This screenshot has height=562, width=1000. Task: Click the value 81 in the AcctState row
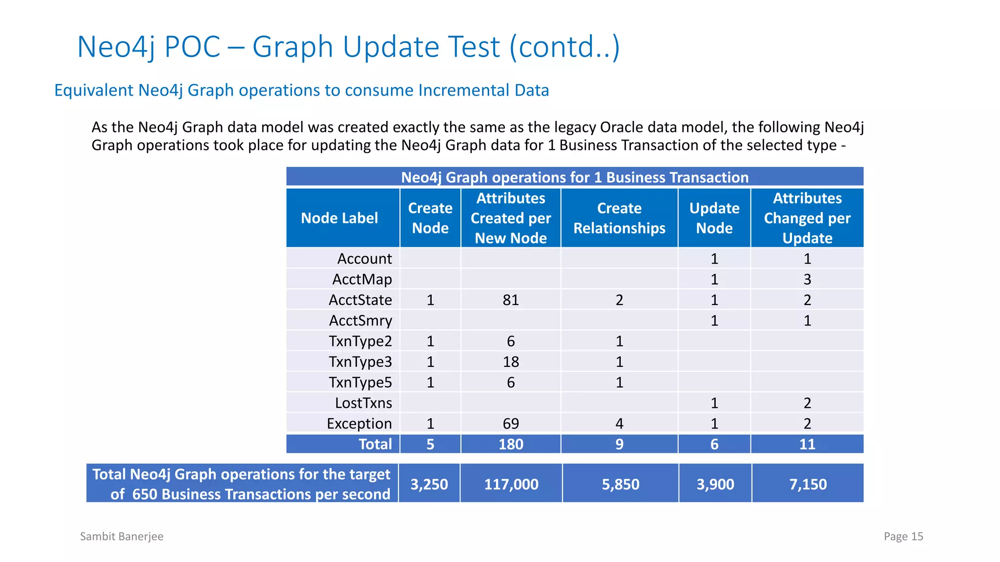[x=511, y=300]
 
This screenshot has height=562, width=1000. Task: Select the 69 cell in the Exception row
[x=511, y=423]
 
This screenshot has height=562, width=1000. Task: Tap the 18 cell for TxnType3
[x=511, y=361]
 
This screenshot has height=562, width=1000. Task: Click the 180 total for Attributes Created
[x=511, y=444]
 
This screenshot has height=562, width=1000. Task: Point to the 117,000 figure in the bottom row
[x=511, y=484]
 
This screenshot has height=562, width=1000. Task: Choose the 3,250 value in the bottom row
[x=429, y=484]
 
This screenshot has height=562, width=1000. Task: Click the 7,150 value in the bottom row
[x=808, y=484]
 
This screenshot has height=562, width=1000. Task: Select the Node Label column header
[x=339, y=218]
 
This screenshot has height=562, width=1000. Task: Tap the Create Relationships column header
[x=619, y=218]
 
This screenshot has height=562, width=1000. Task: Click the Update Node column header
[x=714, y=218]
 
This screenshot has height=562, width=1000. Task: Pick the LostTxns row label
[x=363, y=403]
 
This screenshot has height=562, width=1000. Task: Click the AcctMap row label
[x=362, y=279]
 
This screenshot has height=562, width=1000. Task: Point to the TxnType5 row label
[x=360, y=382]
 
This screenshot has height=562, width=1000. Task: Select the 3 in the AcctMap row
[x=808, y=279]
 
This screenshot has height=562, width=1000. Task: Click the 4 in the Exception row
[x=619, y=423]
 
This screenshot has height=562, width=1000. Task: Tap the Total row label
[x=375, y=444]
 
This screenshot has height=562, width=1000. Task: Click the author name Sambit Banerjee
[x=122, y=536]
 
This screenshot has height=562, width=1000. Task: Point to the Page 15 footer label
[x=903, y=536]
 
